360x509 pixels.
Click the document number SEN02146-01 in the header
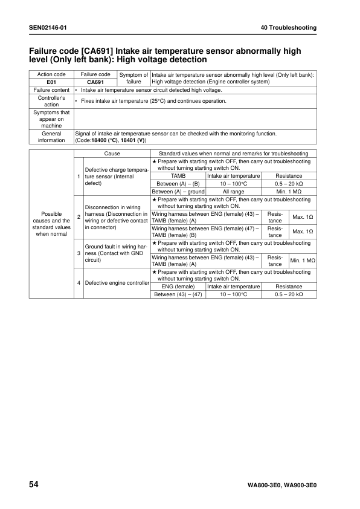coord(48,28)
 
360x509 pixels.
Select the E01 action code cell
coord(51,82)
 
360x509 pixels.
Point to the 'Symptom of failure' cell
coord(133,79)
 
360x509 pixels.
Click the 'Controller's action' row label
coord(51,101)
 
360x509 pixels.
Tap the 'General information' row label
coord(51,137)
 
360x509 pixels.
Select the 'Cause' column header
coord(112,154)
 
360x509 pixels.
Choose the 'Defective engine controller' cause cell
coord(117,282)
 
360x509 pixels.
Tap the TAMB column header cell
coord(178,176)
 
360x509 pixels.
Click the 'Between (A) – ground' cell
coord(178,192)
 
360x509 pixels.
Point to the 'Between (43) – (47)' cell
coord(178,294)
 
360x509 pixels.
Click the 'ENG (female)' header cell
coord(178,287)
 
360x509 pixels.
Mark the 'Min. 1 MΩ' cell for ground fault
coord(303,261)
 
